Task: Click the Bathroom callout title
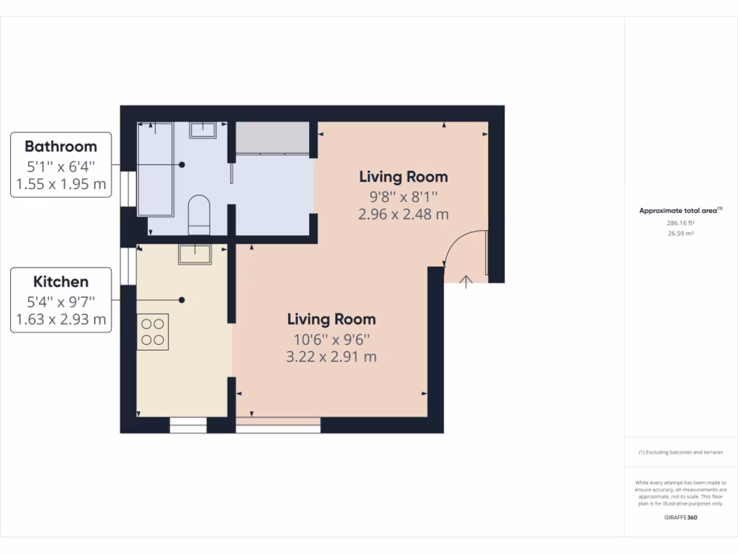pos(61,146)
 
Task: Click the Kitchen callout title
pos(61,282)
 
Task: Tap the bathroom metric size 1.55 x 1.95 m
pos(61,184)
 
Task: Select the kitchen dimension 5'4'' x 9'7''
pos(61,301)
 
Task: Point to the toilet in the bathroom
pos(198,215)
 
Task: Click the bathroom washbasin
pos(203,130)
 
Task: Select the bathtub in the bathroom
pos(155,169)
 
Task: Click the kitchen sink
pos(195,254)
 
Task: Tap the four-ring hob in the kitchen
pos(153,332)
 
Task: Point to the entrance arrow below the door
pos(466,281)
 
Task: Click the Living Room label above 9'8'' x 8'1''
pos(403,177)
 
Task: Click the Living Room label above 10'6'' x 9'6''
pos(332,319)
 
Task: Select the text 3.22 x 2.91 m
pos(332,356)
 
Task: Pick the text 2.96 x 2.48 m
pos(403,214)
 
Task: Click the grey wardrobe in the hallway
pos(272,138)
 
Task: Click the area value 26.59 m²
pos(680,234)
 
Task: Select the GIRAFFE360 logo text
pos(680,517)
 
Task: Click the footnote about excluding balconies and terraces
pos(680,452)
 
